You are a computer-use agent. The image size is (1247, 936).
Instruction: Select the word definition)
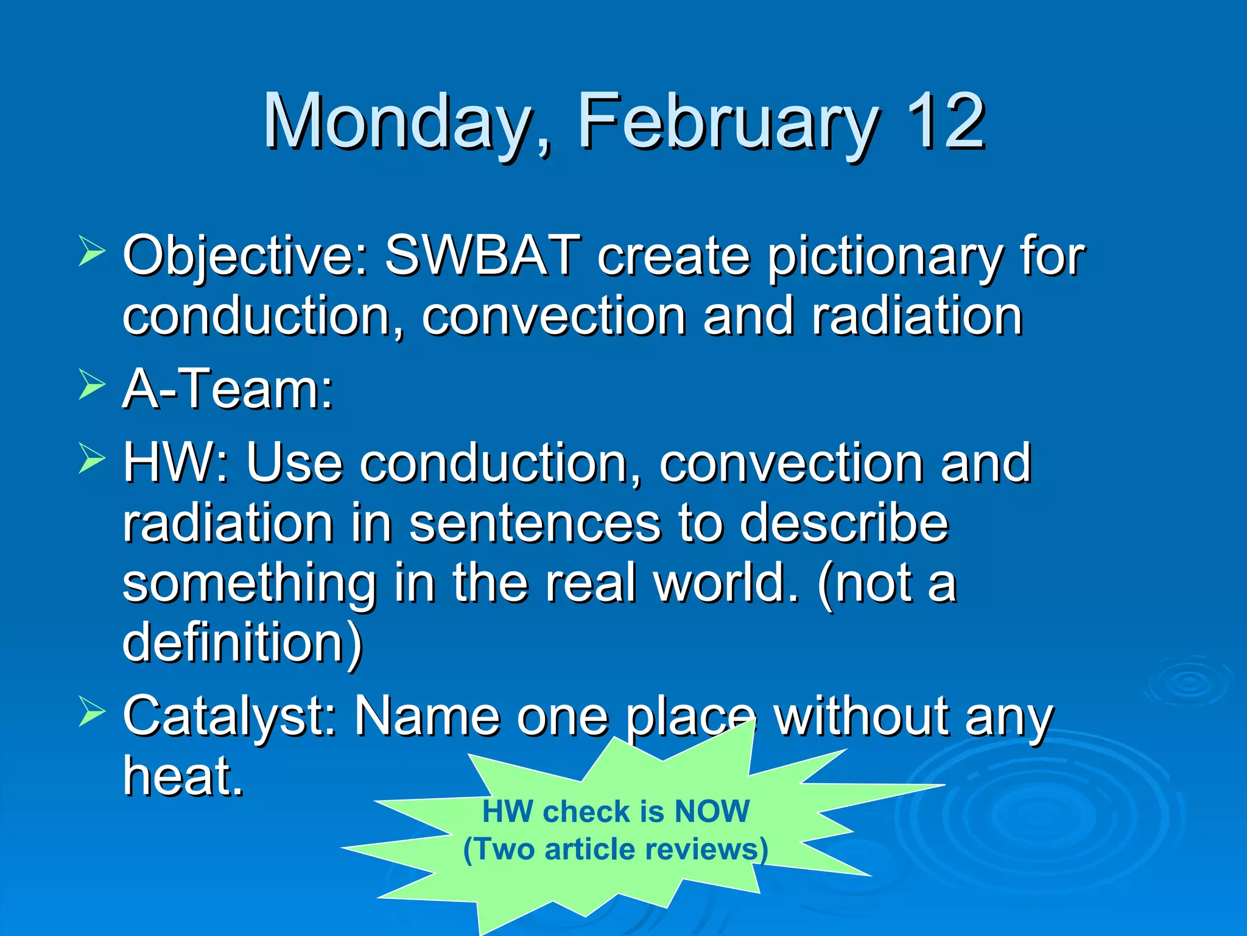tap(242, 642)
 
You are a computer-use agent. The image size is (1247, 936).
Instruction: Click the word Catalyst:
tap(230, 717)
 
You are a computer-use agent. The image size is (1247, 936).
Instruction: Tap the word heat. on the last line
tap(183, 775)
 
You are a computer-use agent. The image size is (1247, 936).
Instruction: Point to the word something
tap(250, 584)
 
